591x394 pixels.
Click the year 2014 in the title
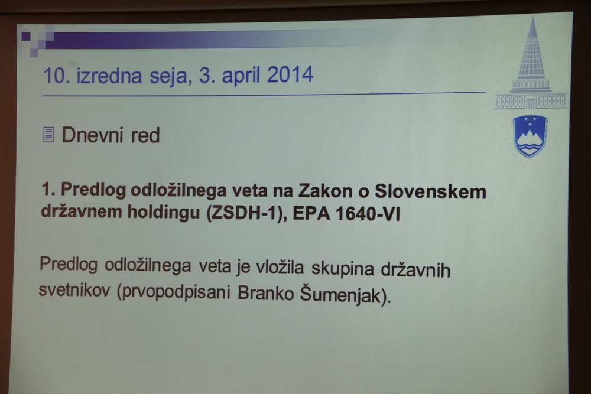coord(290,74)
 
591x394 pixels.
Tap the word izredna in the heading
coord(109,75)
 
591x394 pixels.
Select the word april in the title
coord(241,76)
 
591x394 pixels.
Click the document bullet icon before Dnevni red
coord(48,135)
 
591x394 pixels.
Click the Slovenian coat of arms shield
coord(530,136)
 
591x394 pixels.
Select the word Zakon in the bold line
coord(326,191)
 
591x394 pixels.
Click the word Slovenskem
coord(430,192)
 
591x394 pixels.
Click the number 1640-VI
coord(367,214)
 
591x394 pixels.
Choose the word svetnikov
coord(74,290)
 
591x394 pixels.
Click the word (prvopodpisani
coord(174,292)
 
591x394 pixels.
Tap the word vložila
coord(280,268)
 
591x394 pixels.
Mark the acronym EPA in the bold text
coord(311,214)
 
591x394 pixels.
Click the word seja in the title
coord(168,76)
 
